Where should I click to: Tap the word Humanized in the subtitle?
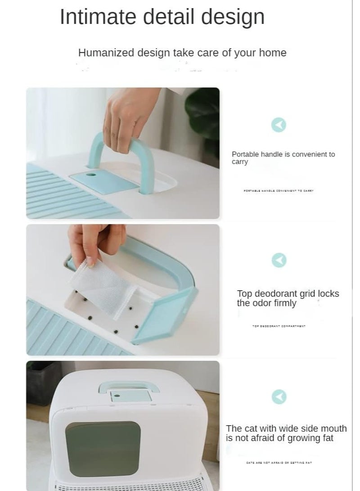[106, 53]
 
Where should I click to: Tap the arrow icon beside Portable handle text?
[279, 125]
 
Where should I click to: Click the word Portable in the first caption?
[245, 154]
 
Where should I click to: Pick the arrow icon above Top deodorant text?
[279, 260]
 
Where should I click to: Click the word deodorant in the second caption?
[278, 294]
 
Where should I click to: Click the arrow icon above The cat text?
[279, 396]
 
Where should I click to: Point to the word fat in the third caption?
[327, 438]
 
